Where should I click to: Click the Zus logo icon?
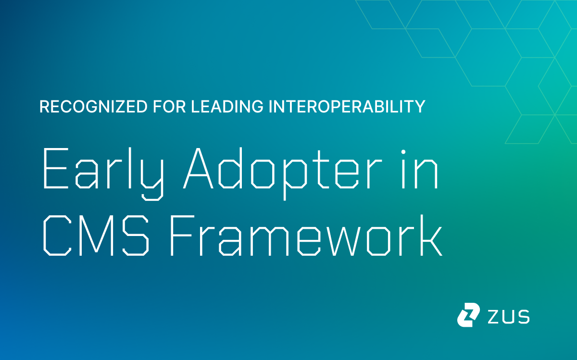468,315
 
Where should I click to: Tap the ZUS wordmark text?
509,316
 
